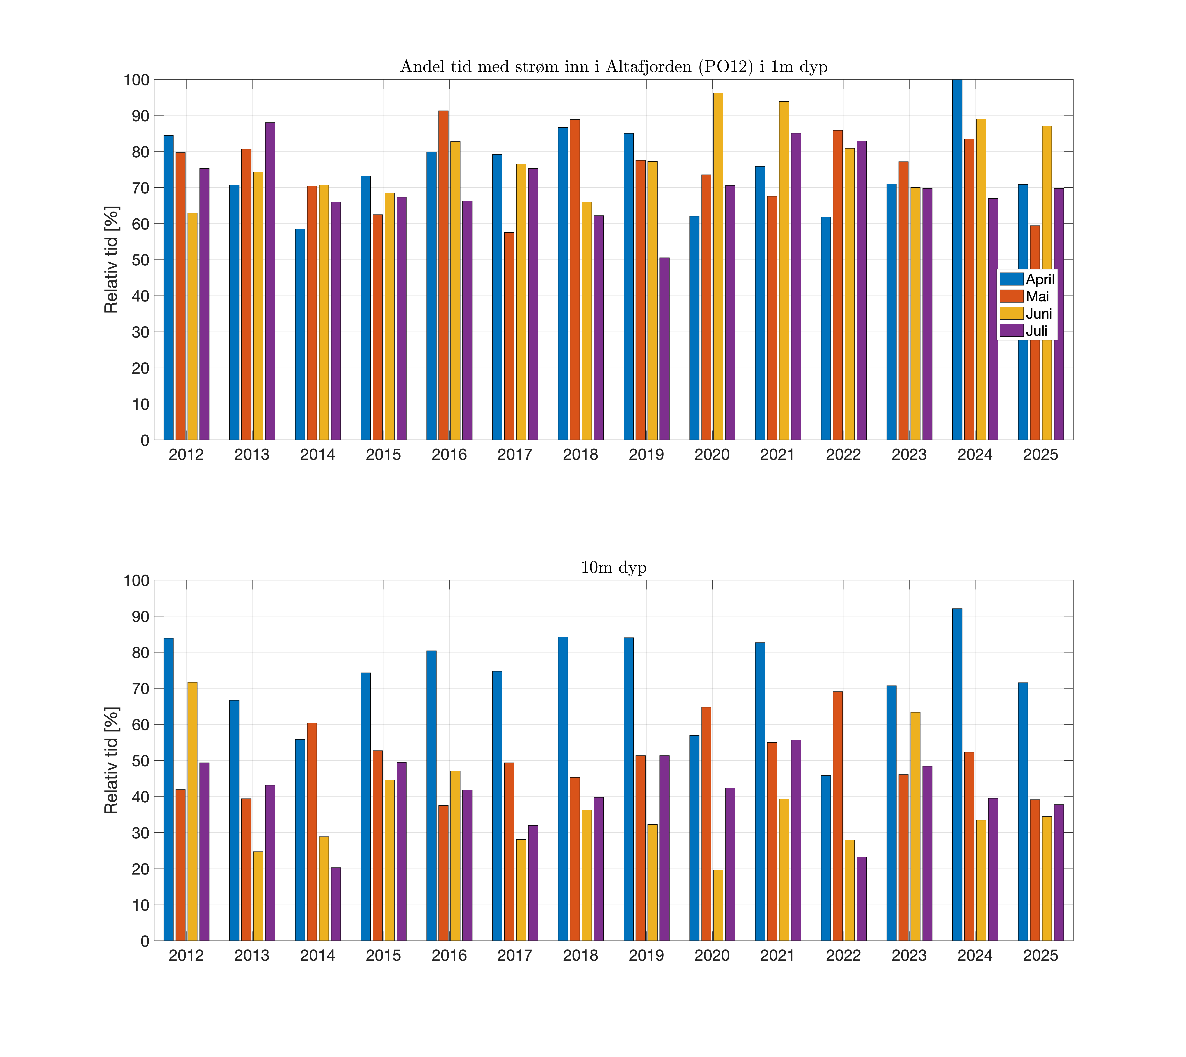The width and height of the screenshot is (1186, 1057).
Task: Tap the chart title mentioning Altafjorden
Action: pyautogui.click(x=614, y=67)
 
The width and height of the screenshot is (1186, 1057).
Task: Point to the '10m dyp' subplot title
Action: pyautogui.click(x=614, y=567)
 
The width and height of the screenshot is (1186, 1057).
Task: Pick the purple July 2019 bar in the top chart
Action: pyautogui.click(x=664, y=348)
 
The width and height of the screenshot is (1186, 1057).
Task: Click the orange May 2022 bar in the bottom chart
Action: pyautogui.click(x=838, y=816)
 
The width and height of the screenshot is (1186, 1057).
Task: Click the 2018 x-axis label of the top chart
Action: pyautogui.click(x=580, y=455)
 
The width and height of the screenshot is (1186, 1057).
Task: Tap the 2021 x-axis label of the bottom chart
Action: pyautogui.click(x=777, y=955)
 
